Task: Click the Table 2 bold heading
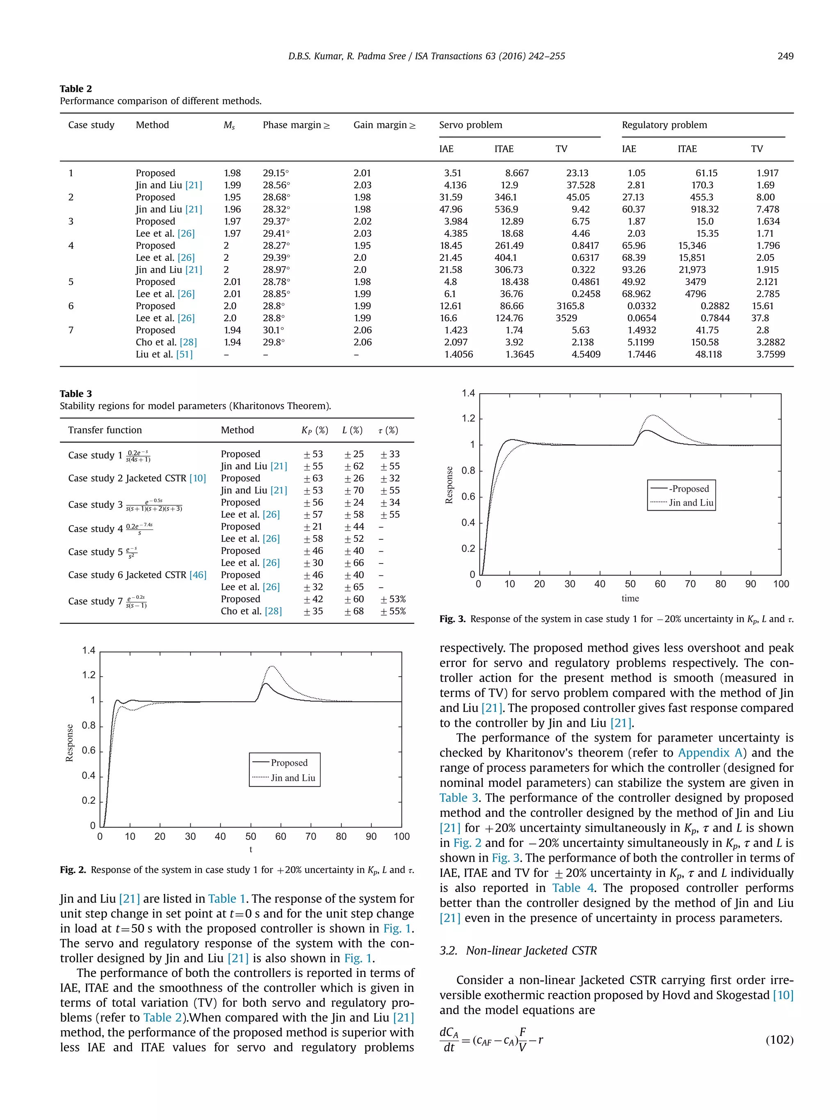coord(76,89)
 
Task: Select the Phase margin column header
coord(296,125)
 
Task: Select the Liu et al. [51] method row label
coord(164,354)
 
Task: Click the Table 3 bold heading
coord(76,393)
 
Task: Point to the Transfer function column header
coord(105,430)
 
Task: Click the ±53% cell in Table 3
coord(393,599)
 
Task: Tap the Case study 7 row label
coord(95,601)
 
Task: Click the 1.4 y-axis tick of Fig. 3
coord(468,393)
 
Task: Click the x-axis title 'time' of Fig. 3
coord(630,598)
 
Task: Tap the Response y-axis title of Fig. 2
coord(69,743)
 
